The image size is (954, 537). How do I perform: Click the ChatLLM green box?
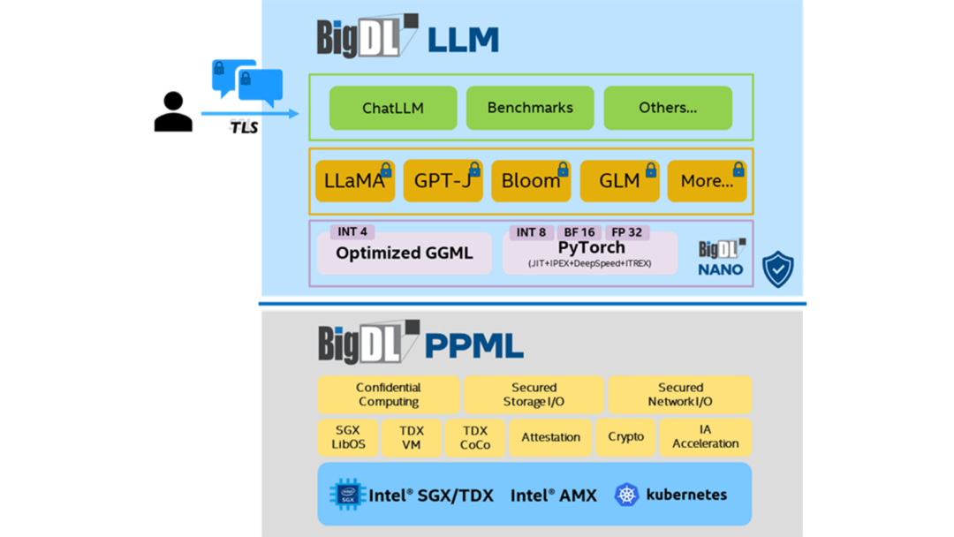[x=393, y=108]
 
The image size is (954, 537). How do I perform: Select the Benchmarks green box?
[x=530, y=108]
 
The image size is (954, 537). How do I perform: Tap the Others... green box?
[x=668, y=108]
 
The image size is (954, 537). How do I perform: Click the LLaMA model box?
[x=354, y=181]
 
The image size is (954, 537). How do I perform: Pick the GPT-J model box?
[x=443, y=181]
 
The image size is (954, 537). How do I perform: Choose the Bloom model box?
[x=531, y=181]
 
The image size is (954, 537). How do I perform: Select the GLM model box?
[x=619, y=181]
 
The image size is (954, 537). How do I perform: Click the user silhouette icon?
[x=173, y=113]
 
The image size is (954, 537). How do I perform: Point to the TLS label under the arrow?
[x=244, y=127]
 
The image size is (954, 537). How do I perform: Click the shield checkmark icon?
[x=778, y=269]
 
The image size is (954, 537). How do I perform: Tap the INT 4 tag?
[x=352, y=232]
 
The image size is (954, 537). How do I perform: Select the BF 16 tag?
[x=579, y=232]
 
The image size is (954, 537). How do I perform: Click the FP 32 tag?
[x=626, y=232]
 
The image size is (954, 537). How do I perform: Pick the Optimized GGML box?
[x=404, y=253]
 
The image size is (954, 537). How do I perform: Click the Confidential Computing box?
[x=389, y=395]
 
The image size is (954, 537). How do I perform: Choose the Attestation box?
[x=551, y=437]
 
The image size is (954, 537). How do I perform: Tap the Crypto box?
[x=626, y=437]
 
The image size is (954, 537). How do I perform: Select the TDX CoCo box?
[x=475, y=437]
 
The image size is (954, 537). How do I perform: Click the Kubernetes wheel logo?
[x=626, y=495]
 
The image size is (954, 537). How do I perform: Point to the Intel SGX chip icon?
[x=348, y=495]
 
